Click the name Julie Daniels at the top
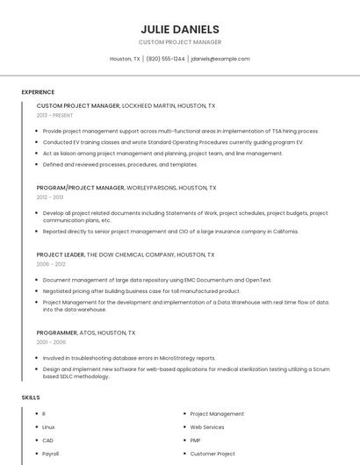click(180, 29)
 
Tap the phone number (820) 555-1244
click(165, 59)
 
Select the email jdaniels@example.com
click(220, 59)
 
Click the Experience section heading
click(38, 92)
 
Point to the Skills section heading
click(31, 397)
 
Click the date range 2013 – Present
click(55, 115)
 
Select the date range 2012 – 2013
click(50, 197)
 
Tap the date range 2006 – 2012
click(51, 264)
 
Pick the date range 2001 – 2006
click(51, 343)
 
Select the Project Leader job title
click(61, 254)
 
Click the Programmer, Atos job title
click(86, 333)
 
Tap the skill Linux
click(48, 427)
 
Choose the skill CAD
click(47, 440)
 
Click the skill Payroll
click(50, 454)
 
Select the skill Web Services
click(207, 427)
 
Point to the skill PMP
click(195, 440)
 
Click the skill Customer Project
click(212, 454)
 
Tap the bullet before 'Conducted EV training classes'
click(37, 142)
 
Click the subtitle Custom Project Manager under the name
click(180, 42)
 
